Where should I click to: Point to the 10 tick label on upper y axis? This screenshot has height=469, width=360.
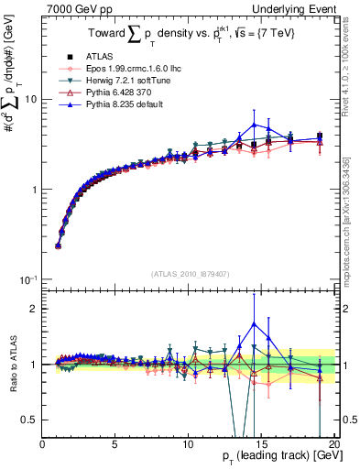point(31,99)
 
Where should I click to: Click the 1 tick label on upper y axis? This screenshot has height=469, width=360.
point(35,190)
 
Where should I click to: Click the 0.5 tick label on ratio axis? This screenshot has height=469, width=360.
point(30,420)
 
